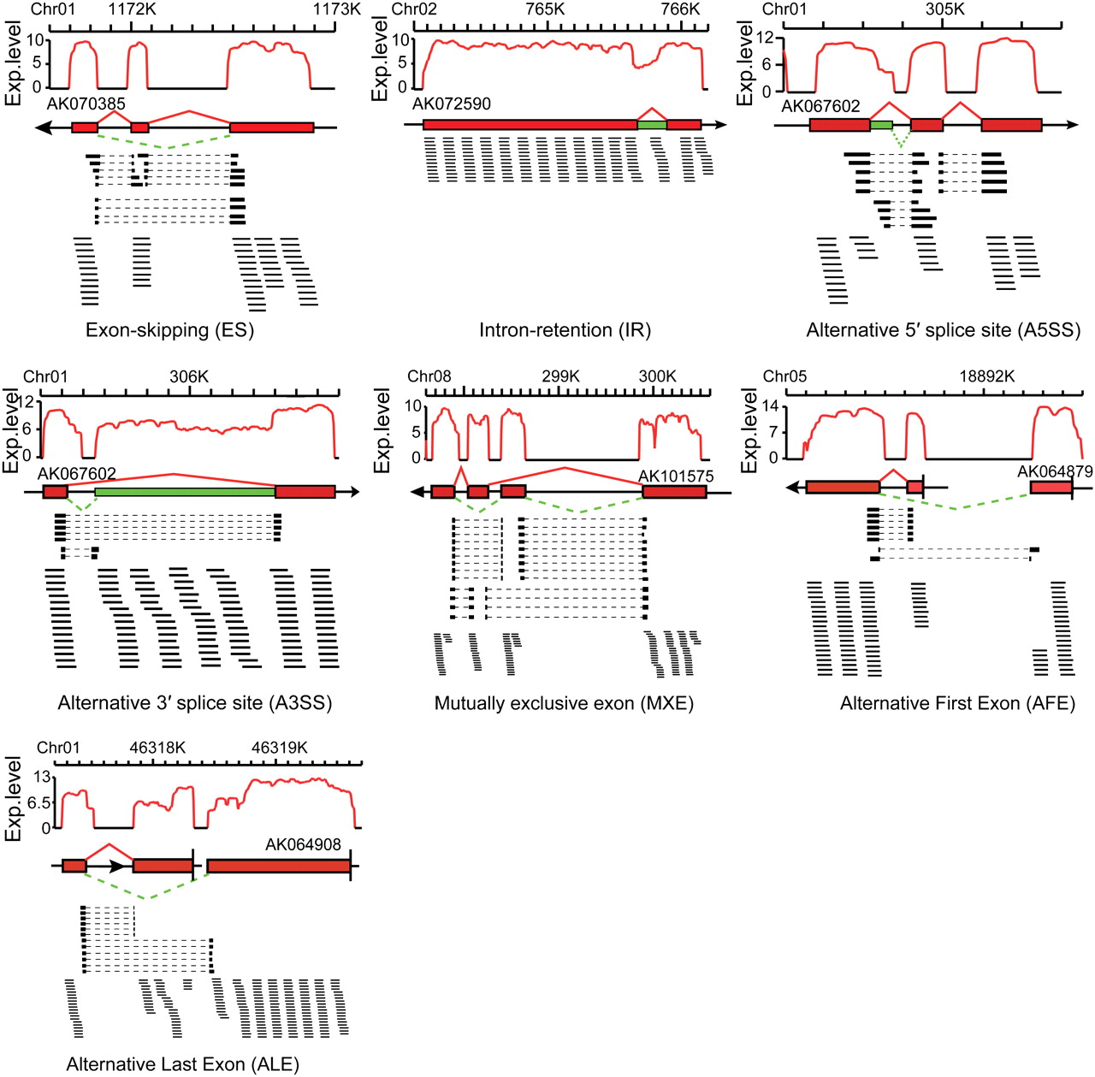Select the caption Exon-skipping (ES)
pos(170,330)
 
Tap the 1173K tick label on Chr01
pos(337,9)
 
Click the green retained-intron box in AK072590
pos(652,125)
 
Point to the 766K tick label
pos(681,9)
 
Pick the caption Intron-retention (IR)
pos(565,330)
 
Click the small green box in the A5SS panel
pos(881,125)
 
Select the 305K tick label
pos(944,9)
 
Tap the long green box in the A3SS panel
pos(184,492)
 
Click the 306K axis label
pos(189,377)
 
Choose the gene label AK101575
pos(676,476)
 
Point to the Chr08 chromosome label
pos(429,377)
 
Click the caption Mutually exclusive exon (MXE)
pos(564,703)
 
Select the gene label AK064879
pos(1055,472)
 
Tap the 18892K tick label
pos(986,377)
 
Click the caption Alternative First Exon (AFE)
pos(957,703)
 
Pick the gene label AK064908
pos(303,845)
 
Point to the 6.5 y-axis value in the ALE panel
pos(38,803)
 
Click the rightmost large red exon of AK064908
pos(278,867)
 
